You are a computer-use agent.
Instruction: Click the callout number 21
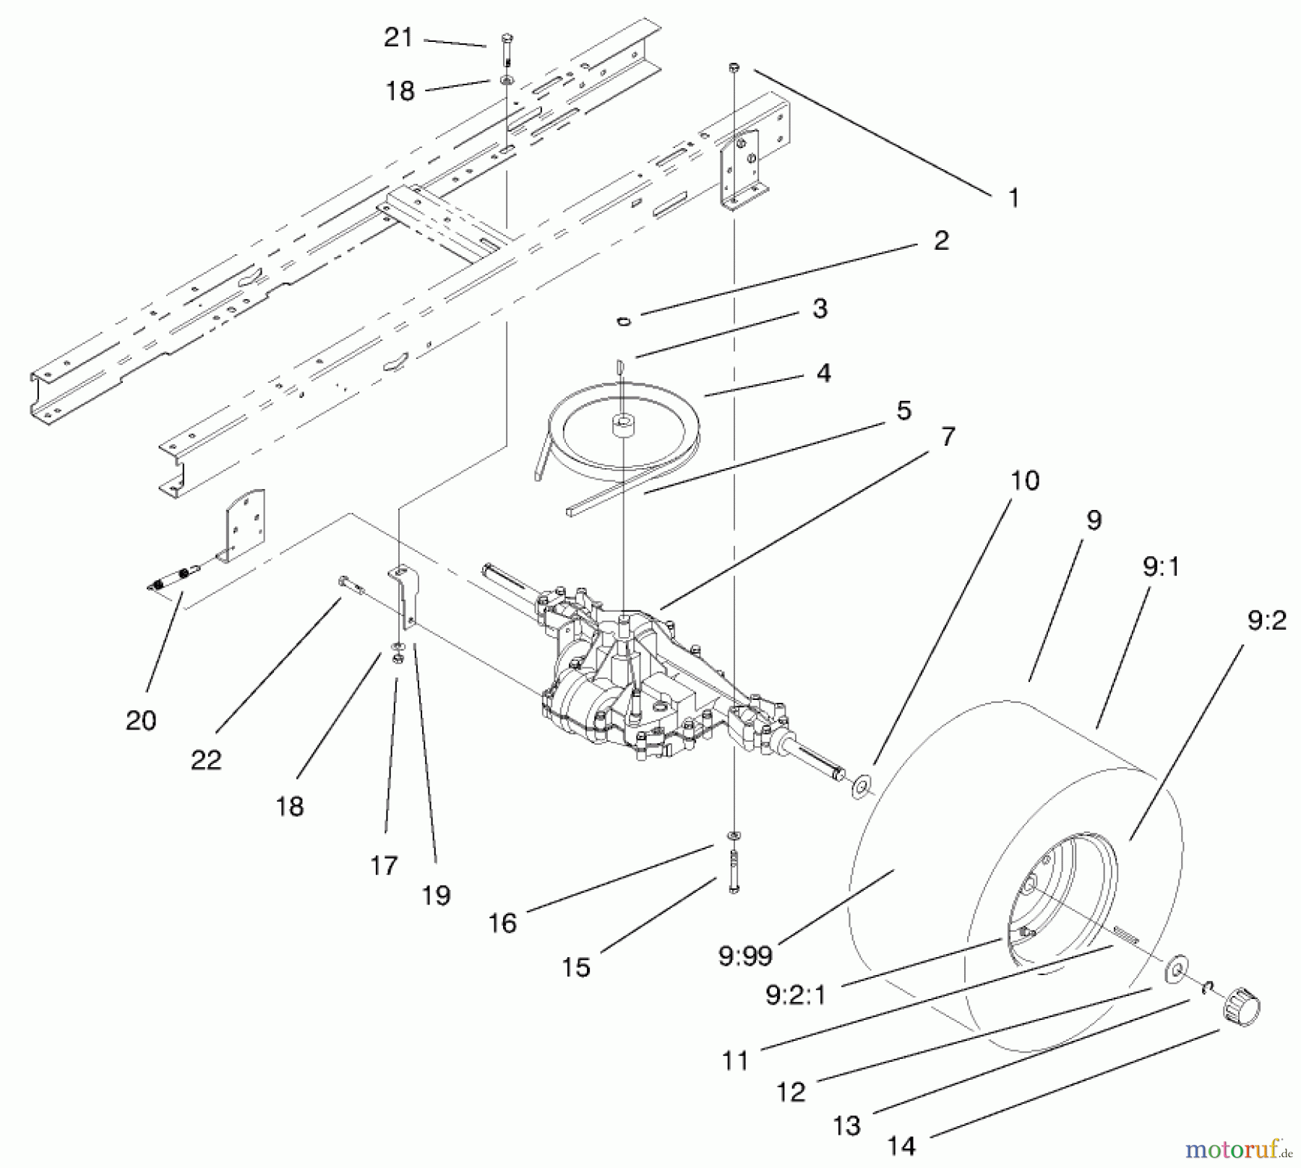(x=398, y=37)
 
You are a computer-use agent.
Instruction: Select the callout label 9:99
(x=745, y=956)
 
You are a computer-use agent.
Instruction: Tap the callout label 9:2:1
(x=794, y=995)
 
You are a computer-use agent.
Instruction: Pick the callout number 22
(x=206, y=760)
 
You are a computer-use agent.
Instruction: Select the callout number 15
(x=576, y=967)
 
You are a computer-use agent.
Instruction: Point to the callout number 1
(x=1013, y=197)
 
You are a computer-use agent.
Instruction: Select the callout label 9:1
(x=1161, y=567)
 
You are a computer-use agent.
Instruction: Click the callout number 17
(x=384, y=865)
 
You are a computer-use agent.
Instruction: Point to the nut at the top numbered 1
(x=734, y=67)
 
